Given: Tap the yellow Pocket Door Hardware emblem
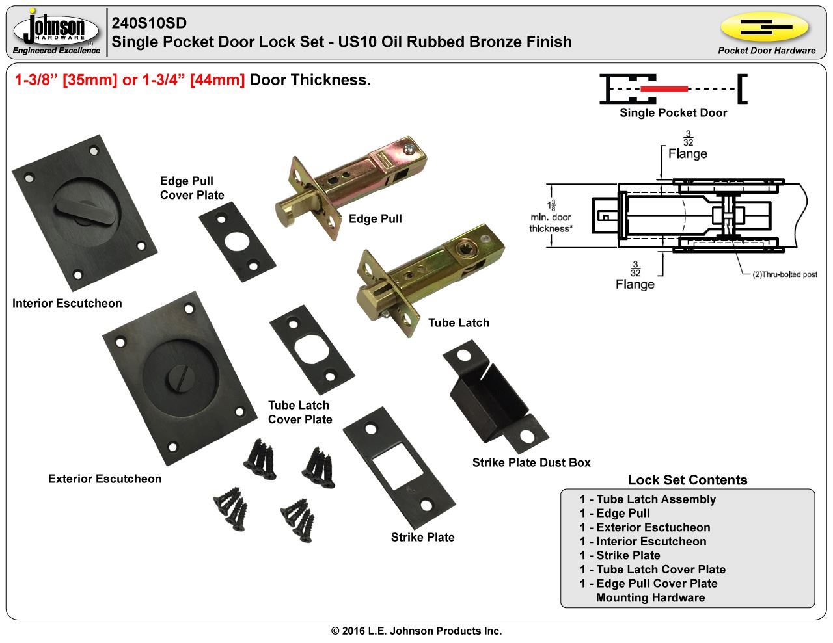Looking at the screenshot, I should [x=765, y=27].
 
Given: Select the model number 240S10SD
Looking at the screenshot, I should [x=149, y=23].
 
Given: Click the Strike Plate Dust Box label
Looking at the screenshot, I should [x=531, y=462].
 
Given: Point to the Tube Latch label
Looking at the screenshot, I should [x=458, y=322].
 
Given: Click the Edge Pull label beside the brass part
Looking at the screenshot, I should [x=375, y=218].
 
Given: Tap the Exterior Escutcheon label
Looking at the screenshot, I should [x=105, y=479].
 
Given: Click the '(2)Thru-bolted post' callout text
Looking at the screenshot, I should [x=784, y=274].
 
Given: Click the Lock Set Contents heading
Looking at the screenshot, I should [x=687, y=480].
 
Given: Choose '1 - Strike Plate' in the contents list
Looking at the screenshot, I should [x=620, y=555].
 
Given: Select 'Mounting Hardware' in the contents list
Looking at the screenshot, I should [x=650, y=597].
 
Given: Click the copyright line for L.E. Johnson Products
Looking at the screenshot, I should [x=416, y=631].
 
